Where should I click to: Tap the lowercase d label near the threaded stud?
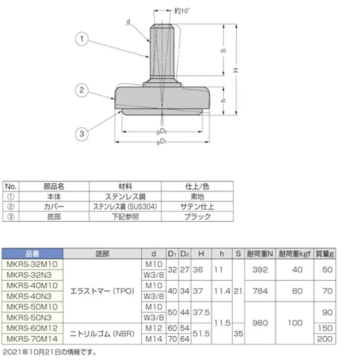click(129, 21)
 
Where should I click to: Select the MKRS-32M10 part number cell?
click(32, 264)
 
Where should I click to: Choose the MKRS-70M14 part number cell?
click(32, 339)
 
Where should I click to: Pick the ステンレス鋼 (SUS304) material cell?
click(125, 207)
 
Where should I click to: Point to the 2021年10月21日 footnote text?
click(49, 352)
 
